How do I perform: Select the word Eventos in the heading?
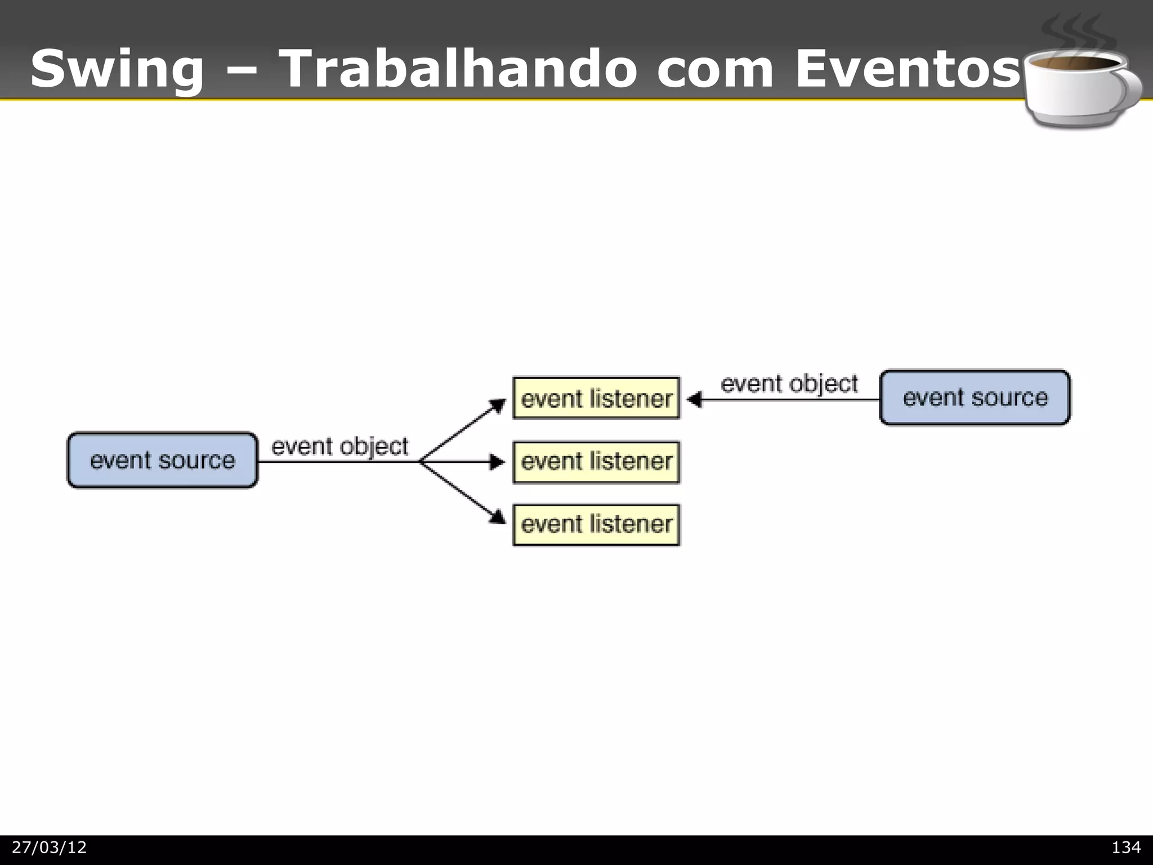click(907, 69)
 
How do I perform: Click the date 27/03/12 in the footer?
click(50, 848)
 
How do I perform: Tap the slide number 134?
click(1125, 848)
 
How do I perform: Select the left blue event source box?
click(162, 460)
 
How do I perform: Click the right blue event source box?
click(975, 398)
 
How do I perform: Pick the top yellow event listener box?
click(596, 398)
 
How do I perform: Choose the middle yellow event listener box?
click(596, 462)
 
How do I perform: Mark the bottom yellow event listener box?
click(596, 525)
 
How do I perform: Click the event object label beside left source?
click(339, 447)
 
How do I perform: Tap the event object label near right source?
click(789, 384)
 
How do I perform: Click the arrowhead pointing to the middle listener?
click(498, 462)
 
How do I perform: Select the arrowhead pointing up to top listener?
click(498, 405)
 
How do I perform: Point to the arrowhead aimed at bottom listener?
click(498, 516)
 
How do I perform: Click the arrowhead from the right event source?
click(694, 400)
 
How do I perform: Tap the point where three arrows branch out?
click(420, 462)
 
